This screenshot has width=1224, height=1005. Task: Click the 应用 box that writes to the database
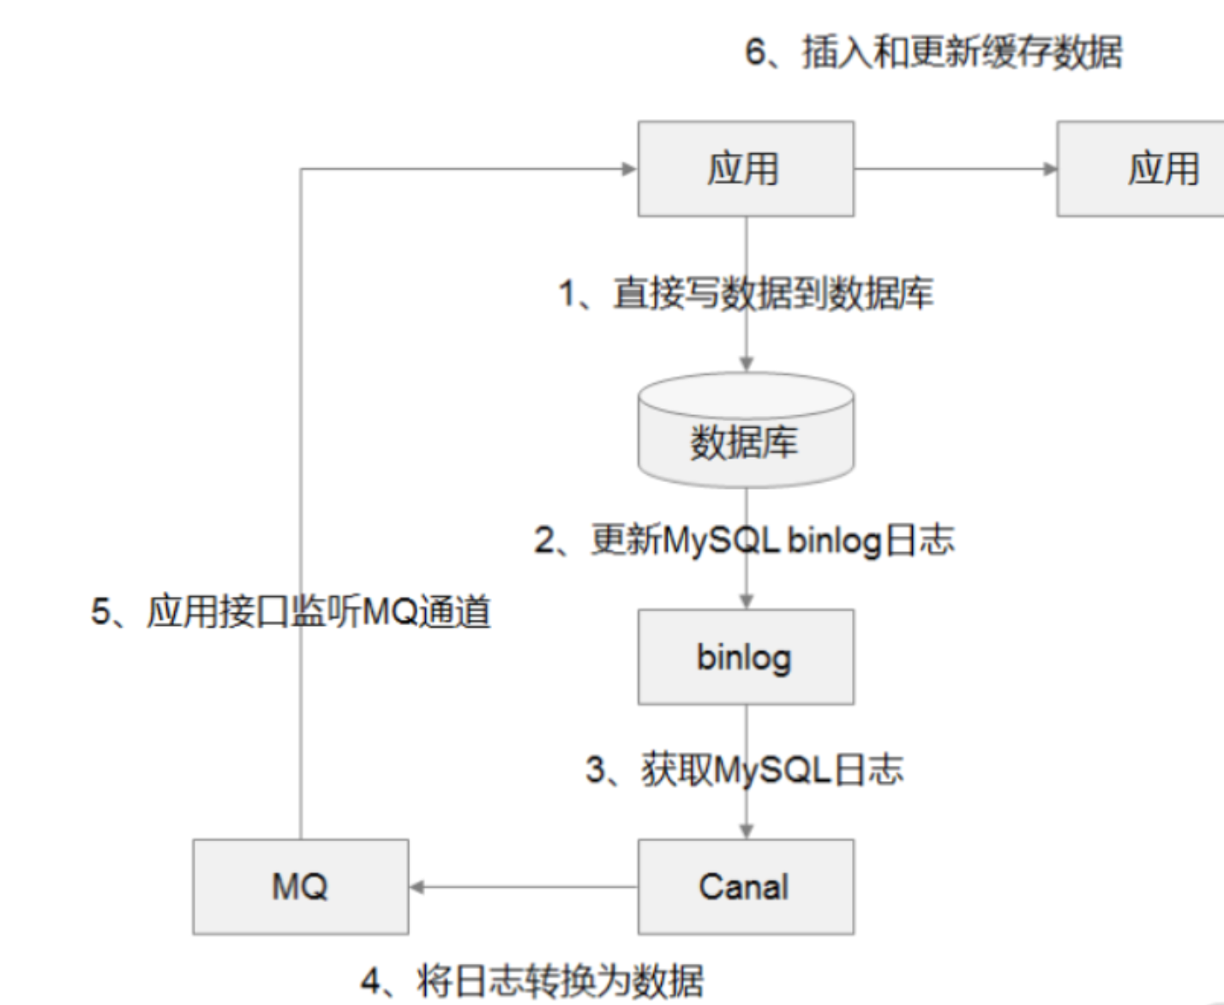[745, 168]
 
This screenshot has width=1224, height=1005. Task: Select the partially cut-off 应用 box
[1141, 168]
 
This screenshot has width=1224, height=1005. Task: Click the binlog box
[745, 657]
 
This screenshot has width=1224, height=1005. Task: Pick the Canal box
[745, 886]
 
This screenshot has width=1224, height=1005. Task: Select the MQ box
[300, 886]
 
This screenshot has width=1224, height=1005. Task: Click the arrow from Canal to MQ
[523, 887]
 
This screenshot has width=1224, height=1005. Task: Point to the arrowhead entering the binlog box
[746, 601]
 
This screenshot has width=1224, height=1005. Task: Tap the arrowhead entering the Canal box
[746, 831]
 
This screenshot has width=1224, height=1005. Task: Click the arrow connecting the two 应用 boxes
[955, 169]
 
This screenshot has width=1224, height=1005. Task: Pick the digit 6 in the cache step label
[755, 51]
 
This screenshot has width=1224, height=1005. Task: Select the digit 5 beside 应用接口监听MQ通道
[101, 612]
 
